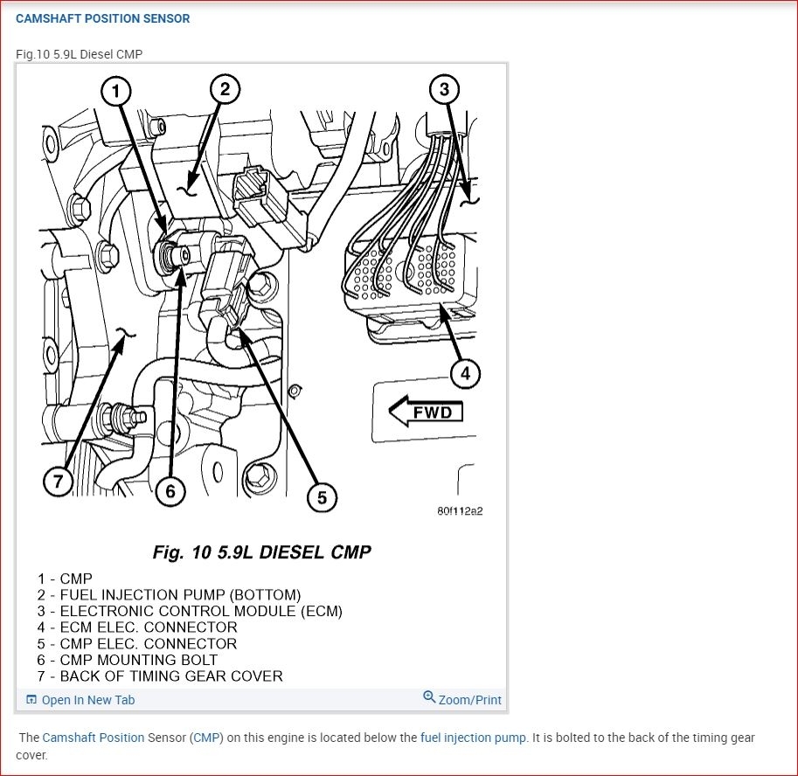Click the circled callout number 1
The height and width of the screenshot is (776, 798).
[116, 90]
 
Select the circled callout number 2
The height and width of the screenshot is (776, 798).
[225, 88]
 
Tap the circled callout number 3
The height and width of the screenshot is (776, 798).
[444, 88]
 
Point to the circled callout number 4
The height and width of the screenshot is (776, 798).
[465, 374]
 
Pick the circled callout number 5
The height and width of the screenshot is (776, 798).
[322, 497]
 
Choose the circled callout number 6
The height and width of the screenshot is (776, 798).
[170, 491]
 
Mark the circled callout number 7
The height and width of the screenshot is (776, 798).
[58, 482]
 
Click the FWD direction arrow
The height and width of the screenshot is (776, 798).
[426, 411]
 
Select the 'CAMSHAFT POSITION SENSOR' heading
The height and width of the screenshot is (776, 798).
[103, 18]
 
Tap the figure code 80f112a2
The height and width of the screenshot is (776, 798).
[460, 511]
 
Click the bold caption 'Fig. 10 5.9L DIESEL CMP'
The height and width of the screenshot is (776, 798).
[261, 552]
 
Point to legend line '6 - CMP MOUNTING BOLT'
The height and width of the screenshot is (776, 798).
[128, 660]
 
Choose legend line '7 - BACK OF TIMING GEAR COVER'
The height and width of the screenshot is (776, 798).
[160, 676]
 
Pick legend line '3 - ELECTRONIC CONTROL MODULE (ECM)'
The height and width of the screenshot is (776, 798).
[190, 611]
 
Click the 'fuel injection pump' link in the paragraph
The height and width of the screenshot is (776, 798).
[473, 738]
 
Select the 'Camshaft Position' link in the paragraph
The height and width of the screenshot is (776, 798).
[94, 738]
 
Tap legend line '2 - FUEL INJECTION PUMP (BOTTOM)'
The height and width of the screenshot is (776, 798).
[169, 595]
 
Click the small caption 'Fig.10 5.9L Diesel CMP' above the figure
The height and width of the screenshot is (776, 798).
[79, 54]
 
